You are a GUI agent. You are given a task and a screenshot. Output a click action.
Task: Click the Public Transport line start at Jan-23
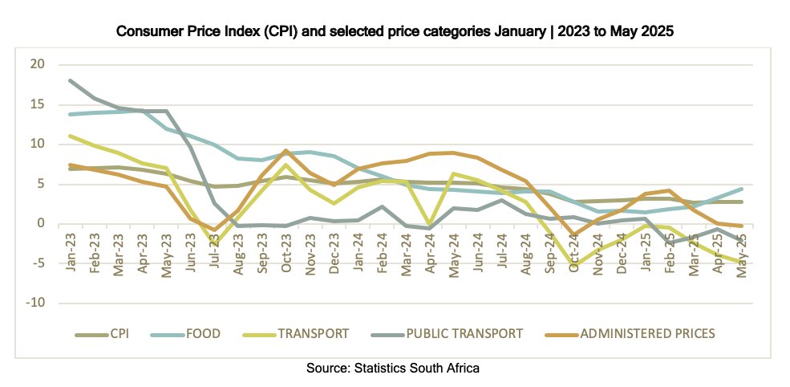pos(71,80)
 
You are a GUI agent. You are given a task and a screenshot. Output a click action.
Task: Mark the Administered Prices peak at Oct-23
pos(286,150)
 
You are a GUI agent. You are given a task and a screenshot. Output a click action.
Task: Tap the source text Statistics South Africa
pos(418,369)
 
